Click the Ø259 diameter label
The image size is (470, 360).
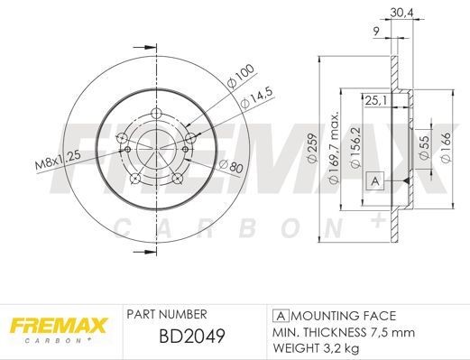click(x=309, y=146)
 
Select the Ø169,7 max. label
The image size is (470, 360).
click(x=332, y=146)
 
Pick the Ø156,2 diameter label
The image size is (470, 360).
click(x=355, y=146)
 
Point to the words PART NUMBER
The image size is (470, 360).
click(x=169, y=315)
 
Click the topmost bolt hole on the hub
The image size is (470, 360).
click(x=157, y=114)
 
